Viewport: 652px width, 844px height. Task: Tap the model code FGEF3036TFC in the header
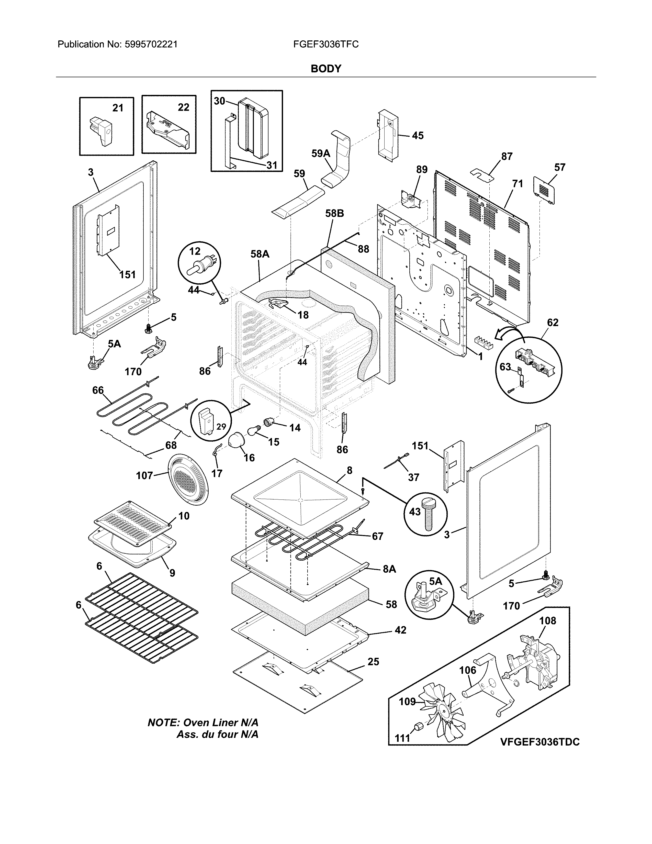(x=325, y=45)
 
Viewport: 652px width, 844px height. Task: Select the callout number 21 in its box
(x=118, y=108)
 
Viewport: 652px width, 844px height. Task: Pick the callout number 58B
(x=334, y=213)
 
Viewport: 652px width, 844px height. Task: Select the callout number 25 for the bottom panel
(x=373, y=662)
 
